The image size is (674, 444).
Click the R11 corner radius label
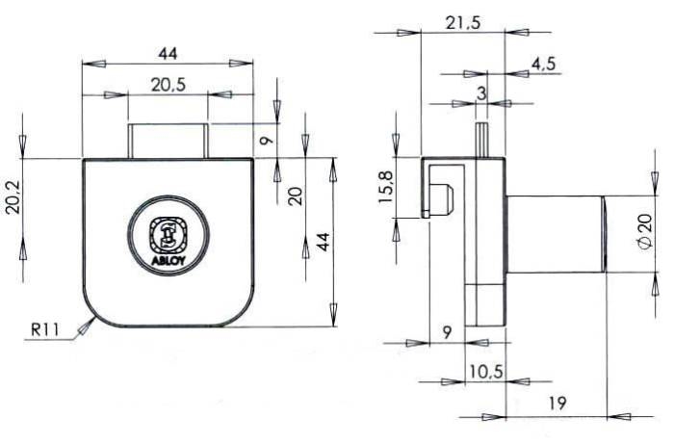point(44,329)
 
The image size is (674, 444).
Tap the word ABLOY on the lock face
point(168,260)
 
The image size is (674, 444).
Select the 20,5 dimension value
point(168,85)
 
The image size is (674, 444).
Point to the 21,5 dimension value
point(462,23)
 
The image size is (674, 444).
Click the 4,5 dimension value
point(543,64)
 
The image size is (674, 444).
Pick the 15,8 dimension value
point(385,188)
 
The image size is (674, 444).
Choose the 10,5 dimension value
point(485,372)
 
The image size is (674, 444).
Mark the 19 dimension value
point(557,404)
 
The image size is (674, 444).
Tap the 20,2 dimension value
point(13,196)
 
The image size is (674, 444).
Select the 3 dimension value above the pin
point(481,92)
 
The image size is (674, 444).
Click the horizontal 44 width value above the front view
point(168,54)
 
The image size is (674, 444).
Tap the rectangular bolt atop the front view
point(168,141)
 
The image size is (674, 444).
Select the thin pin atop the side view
point(481,140)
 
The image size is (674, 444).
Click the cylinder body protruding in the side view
point(557,234)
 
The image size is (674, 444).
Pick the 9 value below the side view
point(447,332)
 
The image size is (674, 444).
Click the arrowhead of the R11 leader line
point(87,326)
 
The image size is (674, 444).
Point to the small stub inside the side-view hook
point(442,198)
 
